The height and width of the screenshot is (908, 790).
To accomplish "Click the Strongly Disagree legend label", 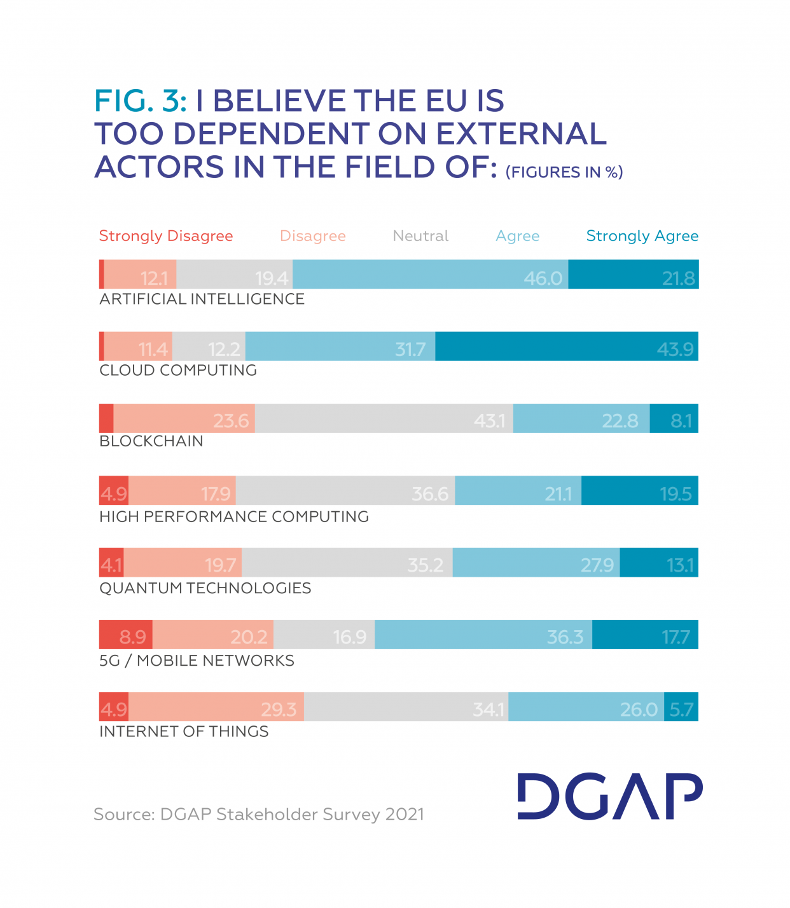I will (x=166, y=236).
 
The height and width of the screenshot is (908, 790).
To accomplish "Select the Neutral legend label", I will (x=420, y=236).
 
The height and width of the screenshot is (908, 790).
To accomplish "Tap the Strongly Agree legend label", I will (x=642, y=236).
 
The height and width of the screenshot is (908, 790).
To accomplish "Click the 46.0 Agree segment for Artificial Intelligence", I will (x=430, y=275).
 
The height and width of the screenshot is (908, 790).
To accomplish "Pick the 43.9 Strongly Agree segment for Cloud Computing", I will (x=567, y=347).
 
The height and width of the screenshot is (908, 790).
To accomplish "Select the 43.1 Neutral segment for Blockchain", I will (x=384, y=418).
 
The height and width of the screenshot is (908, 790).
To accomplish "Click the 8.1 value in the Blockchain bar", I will (x=681, y=420).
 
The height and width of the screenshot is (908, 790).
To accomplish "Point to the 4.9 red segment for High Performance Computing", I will (x=114, y=491).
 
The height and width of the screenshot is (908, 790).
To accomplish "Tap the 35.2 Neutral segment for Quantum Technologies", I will (x=347, y=563).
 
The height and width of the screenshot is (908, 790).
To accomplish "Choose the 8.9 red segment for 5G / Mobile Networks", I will (x=126, y=635).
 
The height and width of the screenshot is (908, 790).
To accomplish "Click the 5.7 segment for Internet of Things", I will (x=681, y=707).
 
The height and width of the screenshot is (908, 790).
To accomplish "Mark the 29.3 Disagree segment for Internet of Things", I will (x=216, y=706).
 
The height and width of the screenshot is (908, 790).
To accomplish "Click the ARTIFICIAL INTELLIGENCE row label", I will (x=202, y=299).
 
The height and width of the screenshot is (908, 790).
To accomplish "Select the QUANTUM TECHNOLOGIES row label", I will (x=205, y=588).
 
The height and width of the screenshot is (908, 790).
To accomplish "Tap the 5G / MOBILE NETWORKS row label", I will (x=197, y=661).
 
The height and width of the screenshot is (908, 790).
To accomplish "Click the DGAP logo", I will (x=609, y=796).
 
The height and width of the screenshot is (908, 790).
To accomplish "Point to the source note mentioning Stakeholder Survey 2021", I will (x=258, y=815).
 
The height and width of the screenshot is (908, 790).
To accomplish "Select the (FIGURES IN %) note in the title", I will (x=564, y=172).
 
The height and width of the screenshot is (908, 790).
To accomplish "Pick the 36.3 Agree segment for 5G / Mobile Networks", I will (x=483, y=635).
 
